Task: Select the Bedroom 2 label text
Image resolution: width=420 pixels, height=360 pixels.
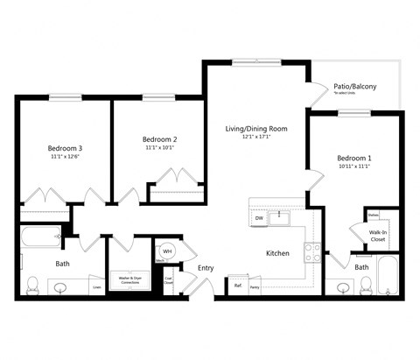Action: [160, 139]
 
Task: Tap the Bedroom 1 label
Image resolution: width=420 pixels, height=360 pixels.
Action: [354, 158]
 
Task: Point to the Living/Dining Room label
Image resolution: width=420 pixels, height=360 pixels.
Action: [256, 129]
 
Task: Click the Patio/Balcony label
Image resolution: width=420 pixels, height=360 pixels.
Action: [354, 87]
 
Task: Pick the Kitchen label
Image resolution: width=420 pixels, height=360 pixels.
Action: [277, 253]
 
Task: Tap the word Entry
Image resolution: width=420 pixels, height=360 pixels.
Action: [206, 268]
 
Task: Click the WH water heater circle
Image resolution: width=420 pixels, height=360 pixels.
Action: [167, 251]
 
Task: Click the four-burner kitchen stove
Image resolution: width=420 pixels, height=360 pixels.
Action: [312, 253]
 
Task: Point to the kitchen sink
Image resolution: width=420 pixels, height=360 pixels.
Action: [279, 215]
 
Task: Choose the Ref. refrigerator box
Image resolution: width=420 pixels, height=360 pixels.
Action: [237, 286]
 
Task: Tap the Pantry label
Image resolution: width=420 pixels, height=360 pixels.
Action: [255, 286]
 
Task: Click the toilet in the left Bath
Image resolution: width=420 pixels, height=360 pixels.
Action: [33, 285]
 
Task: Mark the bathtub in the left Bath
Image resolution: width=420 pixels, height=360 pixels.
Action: [40, 236]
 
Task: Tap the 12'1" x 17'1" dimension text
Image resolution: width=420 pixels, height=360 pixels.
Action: [256, 138]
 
